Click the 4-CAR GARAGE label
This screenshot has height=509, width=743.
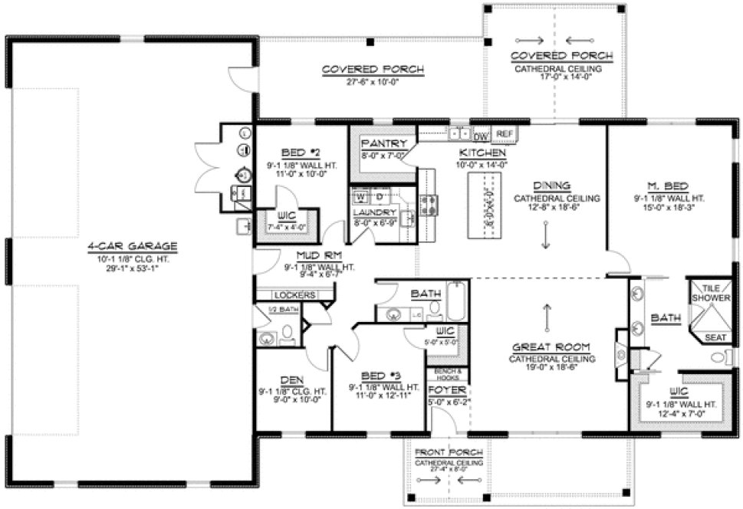coord(132,246)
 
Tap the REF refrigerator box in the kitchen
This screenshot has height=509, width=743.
coord(504,133)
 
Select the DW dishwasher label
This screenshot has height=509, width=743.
coord(482,136)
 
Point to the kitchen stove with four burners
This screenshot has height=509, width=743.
coord(429,203)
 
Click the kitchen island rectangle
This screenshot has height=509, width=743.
coord(484,201)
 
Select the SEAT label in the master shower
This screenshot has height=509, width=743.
coord(715,336)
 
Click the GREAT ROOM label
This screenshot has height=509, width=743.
coord(547,347)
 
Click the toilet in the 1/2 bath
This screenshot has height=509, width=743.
coord(288,332)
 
